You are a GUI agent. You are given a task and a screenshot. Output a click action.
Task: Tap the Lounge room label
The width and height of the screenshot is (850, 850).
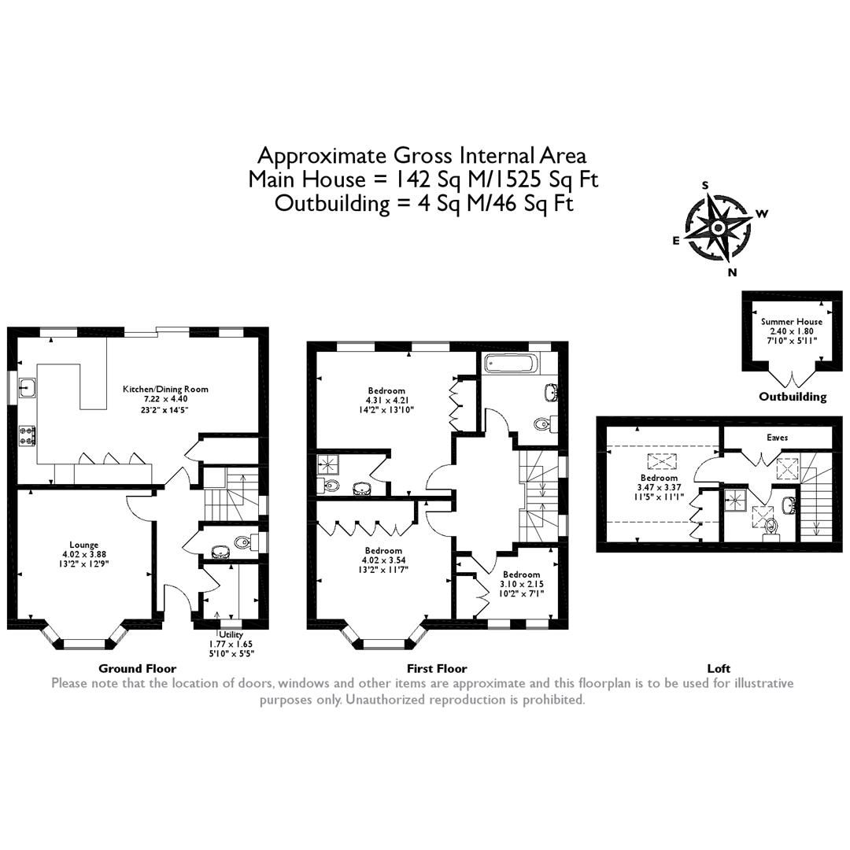tap(83, 544)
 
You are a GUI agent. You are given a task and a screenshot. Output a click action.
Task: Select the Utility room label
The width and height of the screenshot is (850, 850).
tap(231, 634)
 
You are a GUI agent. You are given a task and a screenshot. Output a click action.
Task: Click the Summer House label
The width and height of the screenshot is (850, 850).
tap(791, 321)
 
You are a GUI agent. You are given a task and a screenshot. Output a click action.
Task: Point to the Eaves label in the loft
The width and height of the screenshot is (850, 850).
tap(777, 437)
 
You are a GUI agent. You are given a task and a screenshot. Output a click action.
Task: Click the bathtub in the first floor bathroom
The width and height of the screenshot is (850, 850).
tap(512, 364)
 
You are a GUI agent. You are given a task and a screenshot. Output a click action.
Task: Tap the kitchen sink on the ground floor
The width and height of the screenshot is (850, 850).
tap(26, 387)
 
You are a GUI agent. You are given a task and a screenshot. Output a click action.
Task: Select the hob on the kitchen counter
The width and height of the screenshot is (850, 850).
tap(26, 435)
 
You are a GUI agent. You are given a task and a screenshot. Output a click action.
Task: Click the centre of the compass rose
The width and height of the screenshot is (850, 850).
tap(718, 228)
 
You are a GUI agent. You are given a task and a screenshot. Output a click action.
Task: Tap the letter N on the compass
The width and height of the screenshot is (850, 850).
tap(732, 272)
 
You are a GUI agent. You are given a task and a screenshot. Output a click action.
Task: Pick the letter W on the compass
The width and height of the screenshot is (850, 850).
tap(761, 213)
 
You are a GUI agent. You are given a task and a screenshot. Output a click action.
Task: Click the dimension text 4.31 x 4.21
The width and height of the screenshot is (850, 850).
tap(386, 400)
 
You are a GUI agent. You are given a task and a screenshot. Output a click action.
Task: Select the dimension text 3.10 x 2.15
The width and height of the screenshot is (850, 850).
tap(522, 584)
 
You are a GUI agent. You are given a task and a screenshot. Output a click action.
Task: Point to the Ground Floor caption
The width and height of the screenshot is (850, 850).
tap(137, 668)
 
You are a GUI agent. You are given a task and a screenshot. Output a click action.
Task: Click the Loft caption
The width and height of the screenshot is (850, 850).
tap(719, 668)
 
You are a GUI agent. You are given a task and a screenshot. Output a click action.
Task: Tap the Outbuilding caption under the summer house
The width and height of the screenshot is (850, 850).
tap(792, 397)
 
